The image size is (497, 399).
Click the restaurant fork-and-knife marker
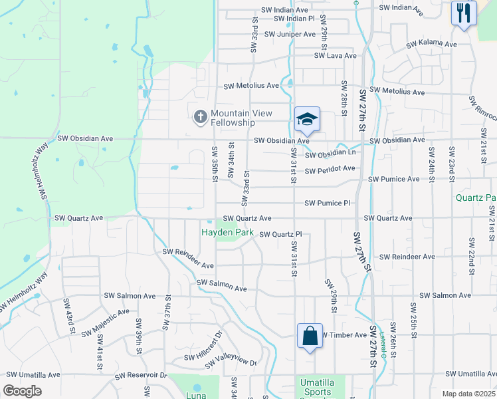coord(464,13)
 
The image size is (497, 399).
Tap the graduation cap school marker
coord(308,120)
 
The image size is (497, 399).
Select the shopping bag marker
coord(310,336)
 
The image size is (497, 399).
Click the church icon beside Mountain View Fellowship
coord(200,117)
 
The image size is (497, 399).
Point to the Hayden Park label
coord(227,232)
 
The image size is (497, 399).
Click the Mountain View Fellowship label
coord(233,118)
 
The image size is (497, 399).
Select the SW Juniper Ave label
coord(290,34)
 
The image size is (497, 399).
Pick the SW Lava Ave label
coord(336,56)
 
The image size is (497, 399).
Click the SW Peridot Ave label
coord(330,171)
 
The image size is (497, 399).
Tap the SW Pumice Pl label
coord(327,203)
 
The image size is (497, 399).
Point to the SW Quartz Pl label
coord(280,234)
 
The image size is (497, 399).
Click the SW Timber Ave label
coord(343,335)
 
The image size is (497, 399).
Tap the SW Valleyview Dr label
coord(230,360)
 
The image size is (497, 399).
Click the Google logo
coord(22,391)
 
